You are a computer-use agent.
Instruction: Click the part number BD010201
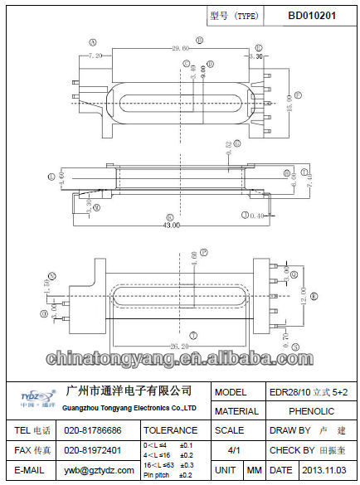312,16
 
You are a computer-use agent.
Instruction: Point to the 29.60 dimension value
180,49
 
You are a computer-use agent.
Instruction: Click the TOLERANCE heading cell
171,431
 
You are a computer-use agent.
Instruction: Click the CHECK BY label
289,451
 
